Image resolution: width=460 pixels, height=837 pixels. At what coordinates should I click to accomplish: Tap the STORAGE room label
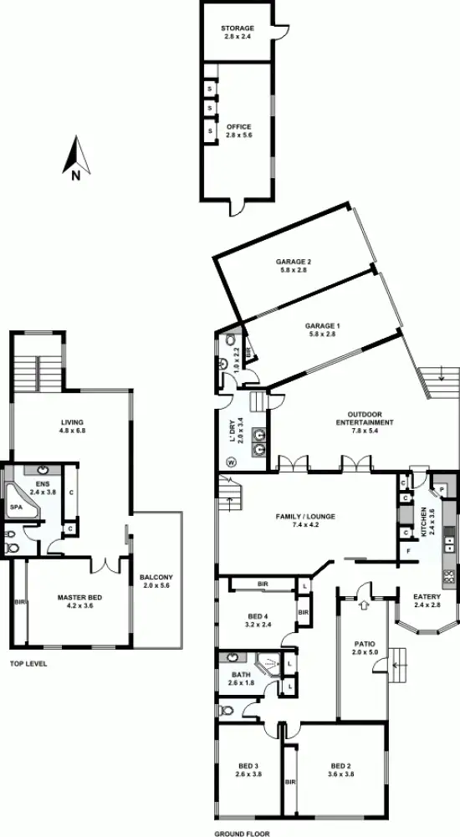(x=238, y=28)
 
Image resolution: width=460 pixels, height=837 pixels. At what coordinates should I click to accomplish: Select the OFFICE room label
(x=238, y=127)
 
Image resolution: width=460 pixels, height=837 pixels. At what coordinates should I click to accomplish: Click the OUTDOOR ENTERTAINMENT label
(x=370, y=417)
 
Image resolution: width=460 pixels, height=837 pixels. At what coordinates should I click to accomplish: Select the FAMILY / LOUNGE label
(x=305, y=517)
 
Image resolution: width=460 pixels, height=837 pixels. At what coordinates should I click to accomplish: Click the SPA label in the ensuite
(x=15, y=507)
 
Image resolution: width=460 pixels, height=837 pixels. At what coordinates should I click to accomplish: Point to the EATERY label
(x=426, y=596)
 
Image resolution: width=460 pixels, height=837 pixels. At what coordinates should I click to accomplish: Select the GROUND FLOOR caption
(x=242, y=833)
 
